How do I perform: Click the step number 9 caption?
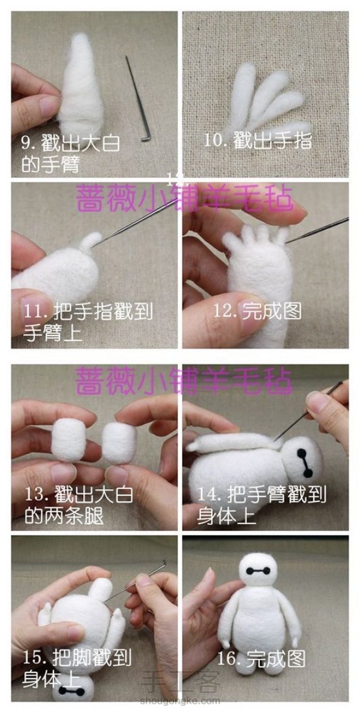[70, 154]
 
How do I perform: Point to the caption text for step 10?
[257, 141]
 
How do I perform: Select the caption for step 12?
[257, 311]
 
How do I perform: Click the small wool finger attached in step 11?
[90, 242]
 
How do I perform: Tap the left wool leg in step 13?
[69, 440]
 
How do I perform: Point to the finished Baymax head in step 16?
[257, 572]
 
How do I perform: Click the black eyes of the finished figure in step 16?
[257, 570]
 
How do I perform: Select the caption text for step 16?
[261, 658]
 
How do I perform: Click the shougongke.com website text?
[180, 701]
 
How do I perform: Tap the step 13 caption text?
[79, 505]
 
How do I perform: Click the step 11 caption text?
[87, 322]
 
